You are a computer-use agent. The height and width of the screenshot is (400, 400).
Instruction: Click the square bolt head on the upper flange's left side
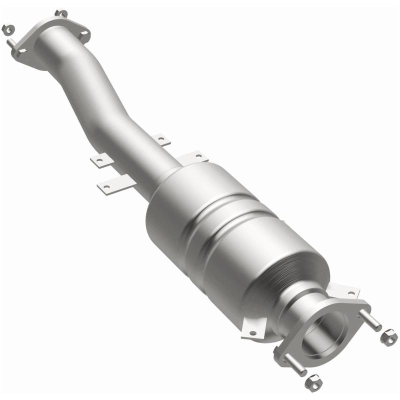pos(20,52)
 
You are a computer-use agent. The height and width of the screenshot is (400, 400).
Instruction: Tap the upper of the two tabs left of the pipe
pos(99,160)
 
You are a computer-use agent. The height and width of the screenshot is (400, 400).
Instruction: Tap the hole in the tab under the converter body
pos(252,332)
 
